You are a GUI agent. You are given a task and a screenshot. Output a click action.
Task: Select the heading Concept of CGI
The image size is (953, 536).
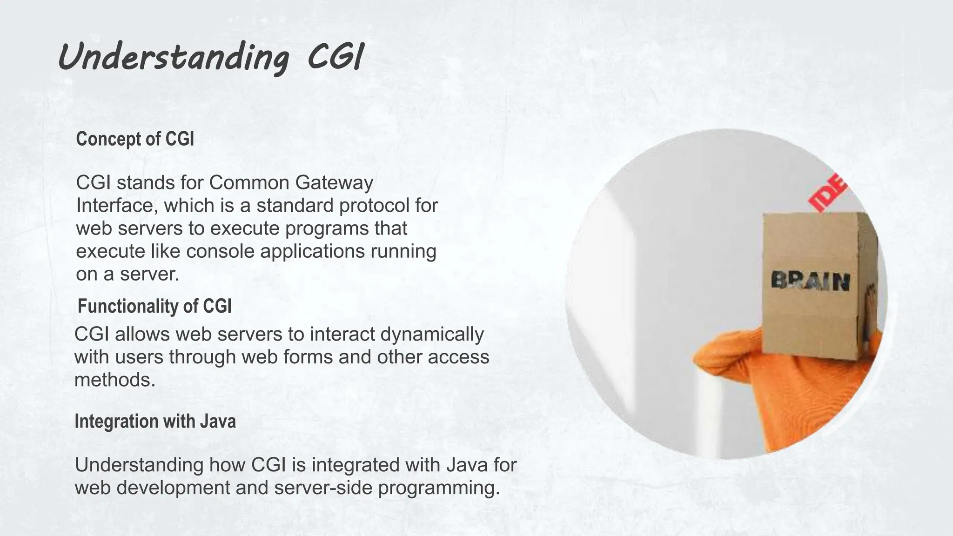(135, 139)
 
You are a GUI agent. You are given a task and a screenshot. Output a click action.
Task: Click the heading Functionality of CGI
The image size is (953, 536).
(154, 306)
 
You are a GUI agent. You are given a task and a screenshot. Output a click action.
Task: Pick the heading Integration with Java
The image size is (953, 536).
(155, 421)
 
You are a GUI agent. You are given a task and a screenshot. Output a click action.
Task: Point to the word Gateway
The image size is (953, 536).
(334, 183)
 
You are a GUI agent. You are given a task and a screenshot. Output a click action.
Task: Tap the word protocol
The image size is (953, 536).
(372, 206)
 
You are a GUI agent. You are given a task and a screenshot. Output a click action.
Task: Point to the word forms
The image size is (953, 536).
(308, 357)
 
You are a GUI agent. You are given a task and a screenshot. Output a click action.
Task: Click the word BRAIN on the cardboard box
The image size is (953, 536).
(810, 281)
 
